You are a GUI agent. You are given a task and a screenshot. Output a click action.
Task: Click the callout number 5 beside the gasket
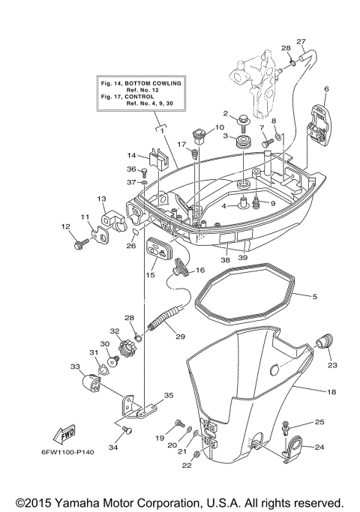pos(314,297)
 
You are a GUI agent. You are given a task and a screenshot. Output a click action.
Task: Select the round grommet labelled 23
pos(326,344)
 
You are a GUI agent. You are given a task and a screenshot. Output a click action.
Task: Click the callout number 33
pos(75,367)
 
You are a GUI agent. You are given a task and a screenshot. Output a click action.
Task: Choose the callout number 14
pos(130,155)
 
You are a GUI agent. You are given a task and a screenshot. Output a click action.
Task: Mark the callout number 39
pos(242,258)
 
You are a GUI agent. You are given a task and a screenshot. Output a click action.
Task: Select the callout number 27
pos(301,41)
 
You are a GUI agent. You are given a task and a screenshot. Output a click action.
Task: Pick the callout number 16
pos(200,270)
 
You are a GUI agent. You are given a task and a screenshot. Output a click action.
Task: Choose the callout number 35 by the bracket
pos(168,395)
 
